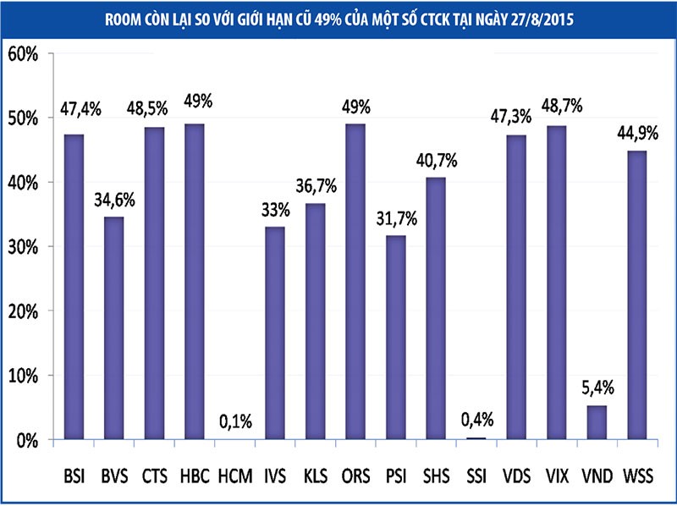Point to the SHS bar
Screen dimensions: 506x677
pyautogui.click(x=437, y=309)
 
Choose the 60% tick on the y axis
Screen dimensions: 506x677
pyautogui.click(x=23, y=55)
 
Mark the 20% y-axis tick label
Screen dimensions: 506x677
pyautogui.click(x=23, y=312)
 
